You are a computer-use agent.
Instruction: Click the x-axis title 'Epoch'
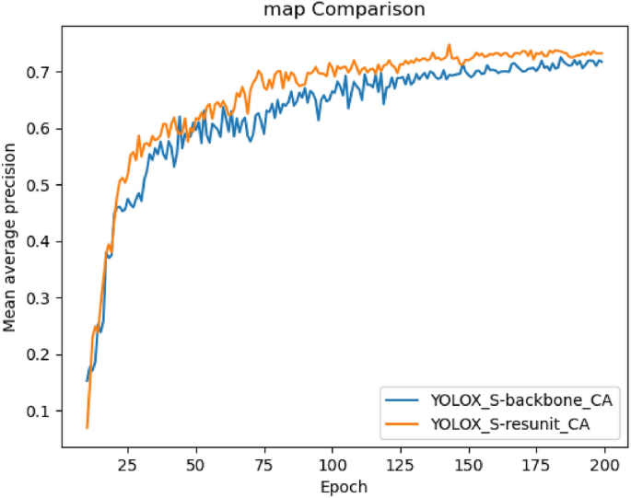point(344,486)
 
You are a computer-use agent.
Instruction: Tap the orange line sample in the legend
point(402,423)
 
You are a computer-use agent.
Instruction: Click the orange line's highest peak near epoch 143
point(450,44)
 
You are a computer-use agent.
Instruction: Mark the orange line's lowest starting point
point(88,428)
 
